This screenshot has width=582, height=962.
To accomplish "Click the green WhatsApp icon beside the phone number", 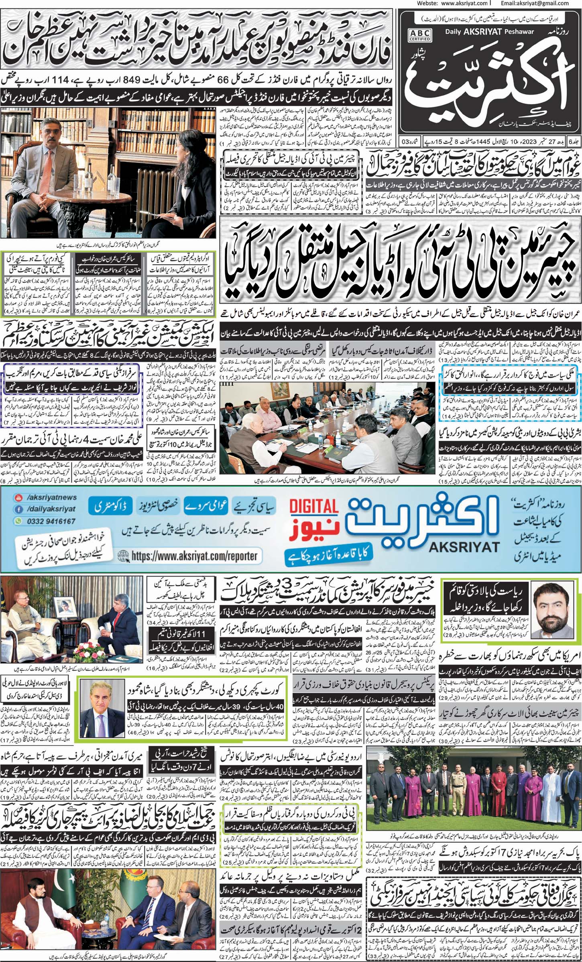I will click(x=18, y=521).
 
